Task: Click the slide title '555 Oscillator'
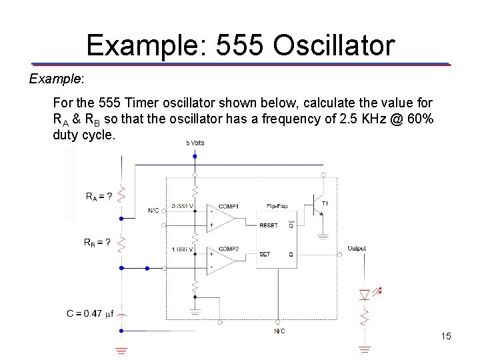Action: coord(240,45)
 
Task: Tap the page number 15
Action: coord(446,336)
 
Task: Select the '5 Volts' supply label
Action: coord(195,143)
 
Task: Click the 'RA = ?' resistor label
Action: coord(99,197)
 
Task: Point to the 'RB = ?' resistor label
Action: coord(97,242)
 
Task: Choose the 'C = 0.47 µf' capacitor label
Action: coord(90,313)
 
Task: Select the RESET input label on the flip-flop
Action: coord(269,225)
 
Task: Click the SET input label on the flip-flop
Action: coord(265,254)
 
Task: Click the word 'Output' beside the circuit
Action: coord(356,249)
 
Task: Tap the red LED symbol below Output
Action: coord(365,294)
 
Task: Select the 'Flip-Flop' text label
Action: coord(278,206)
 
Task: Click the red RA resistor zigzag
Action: coord(121,194)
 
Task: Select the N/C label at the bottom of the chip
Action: coord(279,331)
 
